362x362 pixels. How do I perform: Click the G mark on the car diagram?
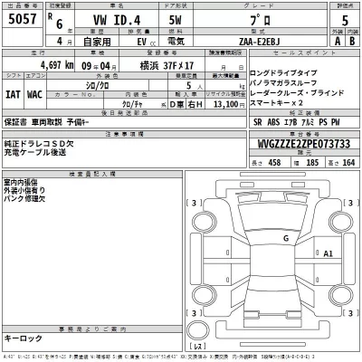point(285,238)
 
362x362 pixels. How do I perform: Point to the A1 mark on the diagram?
point(329,253)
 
